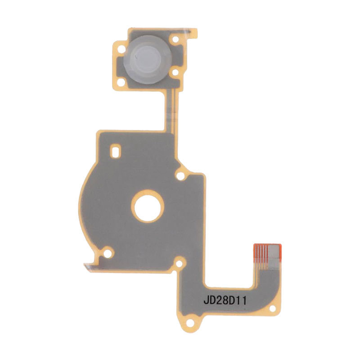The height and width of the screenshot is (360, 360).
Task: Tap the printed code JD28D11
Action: (x=225, y=300)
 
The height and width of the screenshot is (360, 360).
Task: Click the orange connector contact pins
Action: (x=261, y=256)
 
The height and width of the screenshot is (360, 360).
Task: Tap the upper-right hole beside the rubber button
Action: (x=175, y=39)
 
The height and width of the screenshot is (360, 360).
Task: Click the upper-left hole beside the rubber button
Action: (x=121, y=48)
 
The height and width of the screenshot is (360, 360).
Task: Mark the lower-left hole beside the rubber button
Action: (x=120, y=81)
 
